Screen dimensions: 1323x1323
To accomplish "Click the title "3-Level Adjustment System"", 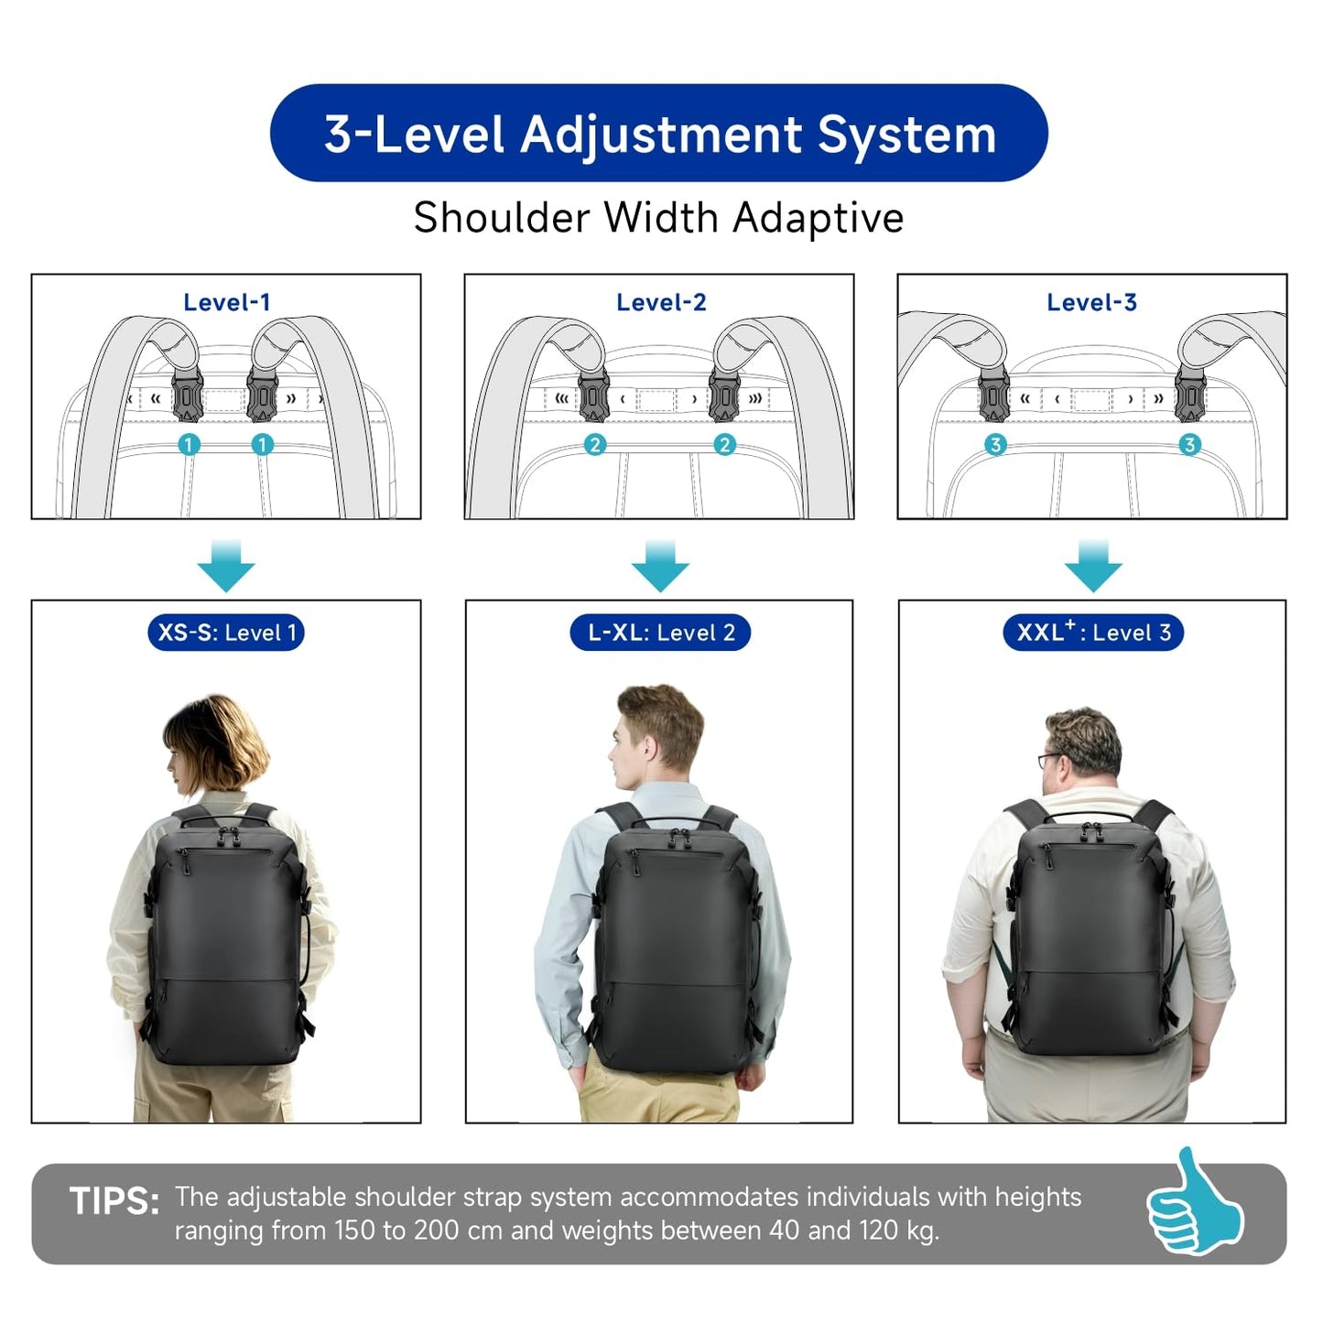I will point(659,134).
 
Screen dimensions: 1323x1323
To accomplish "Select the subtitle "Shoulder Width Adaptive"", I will point(658,218).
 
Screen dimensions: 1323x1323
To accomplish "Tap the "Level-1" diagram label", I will point(226,302).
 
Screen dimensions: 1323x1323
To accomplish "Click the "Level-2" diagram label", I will point(660,302).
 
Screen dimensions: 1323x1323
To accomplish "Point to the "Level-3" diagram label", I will point(1091,302).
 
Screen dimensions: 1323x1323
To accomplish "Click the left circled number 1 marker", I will point(189,445).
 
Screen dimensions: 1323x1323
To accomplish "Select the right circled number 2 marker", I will point(724,445).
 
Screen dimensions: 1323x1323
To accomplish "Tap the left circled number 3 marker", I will point(995,445).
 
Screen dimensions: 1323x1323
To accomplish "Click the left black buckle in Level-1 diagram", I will point(189,397).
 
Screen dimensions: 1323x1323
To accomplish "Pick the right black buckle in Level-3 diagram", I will point(1189,397).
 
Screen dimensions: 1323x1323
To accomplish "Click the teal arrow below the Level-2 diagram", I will point(660,565).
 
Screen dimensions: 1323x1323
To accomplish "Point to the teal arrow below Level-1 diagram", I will point(226,565).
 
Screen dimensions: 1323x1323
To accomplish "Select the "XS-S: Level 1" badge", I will point(226,633).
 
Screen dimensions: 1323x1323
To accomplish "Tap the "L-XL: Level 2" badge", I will point(660,633).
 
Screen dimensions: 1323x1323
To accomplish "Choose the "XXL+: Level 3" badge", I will point(1093,633).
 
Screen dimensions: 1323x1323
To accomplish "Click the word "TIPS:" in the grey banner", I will point(114,1201).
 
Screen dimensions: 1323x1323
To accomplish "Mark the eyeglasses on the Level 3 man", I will point(1049,760).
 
